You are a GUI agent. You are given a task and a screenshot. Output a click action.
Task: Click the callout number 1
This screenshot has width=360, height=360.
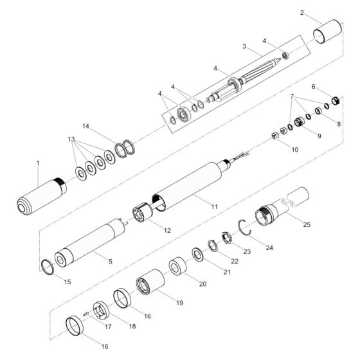[38, 163]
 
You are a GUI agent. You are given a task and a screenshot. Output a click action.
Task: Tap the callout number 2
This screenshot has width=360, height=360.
[302, 13]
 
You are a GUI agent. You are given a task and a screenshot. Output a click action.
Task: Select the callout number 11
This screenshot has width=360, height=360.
[215, 206]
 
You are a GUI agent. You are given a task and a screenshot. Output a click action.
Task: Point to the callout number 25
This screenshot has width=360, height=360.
[307, 224]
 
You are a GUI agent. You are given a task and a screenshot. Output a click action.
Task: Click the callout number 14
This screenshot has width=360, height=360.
[85, 126]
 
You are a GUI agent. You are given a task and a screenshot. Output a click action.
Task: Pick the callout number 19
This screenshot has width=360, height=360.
[179, 303]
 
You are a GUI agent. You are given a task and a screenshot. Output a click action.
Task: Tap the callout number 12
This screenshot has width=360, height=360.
[167, 230]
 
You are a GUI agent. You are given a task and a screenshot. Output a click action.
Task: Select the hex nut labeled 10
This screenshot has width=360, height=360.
[275, 136]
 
